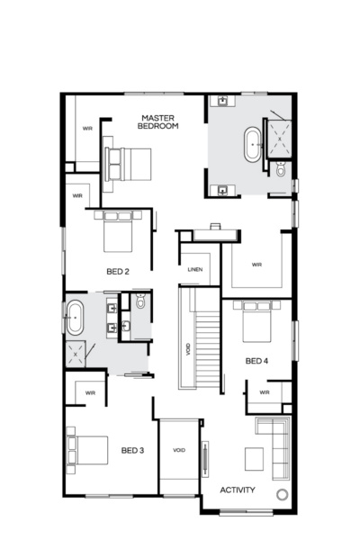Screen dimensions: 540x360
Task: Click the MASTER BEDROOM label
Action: [158, 122]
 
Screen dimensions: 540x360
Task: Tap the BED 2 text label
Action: [119, 271]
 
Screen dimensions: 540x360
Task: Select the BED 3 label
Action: [133, 450]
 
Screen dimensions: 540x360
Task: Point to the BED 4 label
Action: [256, 361]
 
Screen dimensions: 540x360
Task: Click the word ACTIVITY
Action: [238, 490]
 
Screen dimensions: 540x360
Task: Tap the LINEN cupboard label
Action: [195, 270]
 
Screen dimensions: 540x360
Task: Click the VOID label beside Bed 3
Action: [178, 450]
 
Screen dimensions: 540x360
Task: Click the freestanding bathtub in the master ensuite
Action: [254, 144]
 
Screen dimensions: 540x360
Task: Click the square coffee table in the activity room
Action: [254, 458]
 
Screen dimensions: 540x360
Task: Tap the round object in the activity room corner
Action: [282, 494]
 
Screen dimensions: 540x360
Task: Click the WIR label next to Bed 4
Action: [265, 393]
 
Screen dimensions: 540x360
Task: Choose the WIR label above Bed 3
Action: [90, 392]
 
